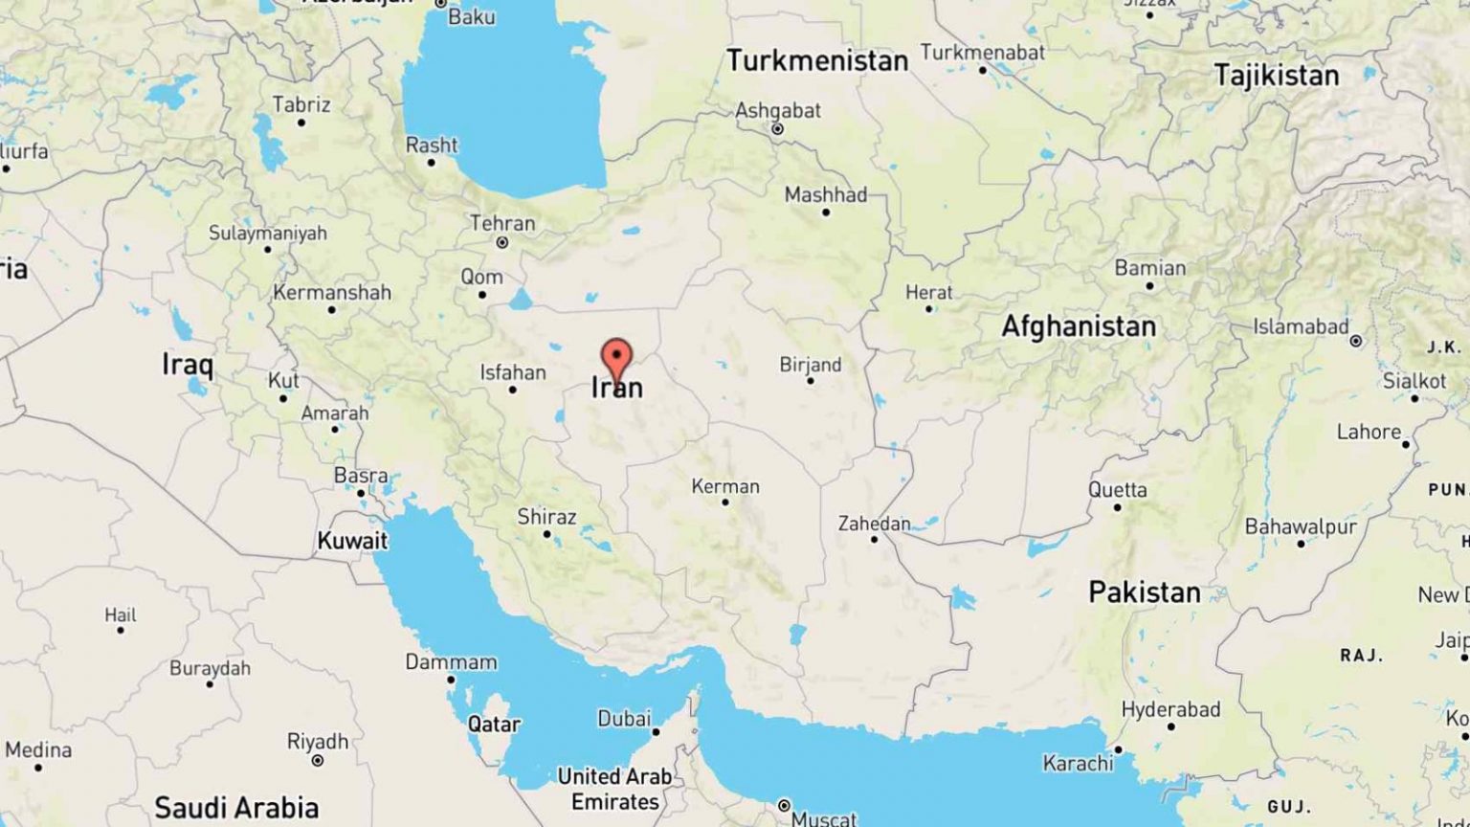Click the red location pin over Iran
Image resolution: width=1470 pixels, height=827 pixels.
(616, 358)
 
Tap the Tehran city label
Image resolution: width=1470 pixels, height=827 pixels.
(502, 223)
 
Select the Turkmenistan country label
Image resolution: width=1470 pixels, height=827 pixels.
(817, 61)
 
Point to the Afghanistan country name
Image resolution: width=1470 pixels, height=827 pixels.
(1079, 326)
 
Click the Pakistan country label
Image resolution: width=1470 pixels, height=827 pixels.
(1145, 592)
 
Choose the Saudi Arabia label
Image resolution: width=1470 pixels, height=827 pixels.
(236, 807)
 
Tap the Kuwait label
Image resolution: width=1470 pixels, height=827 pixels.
(352, 541)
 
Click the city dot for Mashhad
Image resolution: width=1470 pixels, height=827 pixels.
(826, 212)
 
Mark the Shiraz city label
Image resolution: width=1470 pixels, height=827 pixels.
(546, 517)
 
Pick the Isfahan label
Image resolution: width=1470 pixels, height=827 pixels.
(513, 372)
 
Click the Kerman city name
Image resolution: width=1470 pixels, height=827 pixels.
(725, 486)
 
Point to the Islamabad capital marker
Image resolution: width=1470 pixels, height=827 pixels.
(1355, 341)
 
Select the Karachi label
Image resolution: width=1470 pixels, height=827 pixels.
(1079, 763)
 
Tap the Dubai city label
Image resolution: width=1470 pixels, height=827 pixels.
(624, 718)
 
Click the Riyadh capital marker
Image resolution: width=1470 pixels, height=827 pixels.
(317, 761)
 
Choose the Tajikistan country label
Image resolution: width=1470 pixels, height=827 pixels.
(1277, 75)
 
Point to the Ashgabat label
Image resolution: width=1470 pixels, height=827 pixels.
(777, 110)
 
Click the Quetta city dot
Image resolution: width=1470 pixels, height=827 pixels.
(1117, 507)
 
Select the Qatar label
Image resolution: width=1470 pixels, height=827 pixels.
(494, 724)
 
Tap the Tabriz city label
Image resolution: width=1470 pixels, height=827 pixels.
(301, 104)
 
